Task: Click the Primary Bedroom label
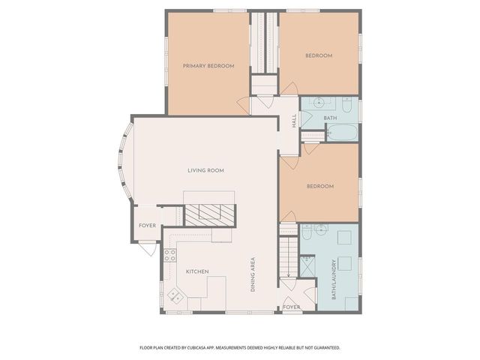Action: (x=208, y=66)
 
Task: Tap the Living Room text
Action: (x=205, y=170)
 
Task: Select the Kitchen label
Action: (x=197, y=271)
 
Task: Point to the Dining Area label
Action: (x=253, y=274)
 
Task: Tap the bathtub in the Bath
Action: (x=343, y=134)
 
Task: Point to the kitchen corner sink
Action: (x=174, y=294)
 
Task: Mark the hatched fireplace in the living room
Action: (x=211, y=215)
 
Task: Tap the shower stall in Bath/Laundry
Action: (x=307, y=266)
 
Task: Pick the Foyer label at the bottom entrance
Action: (x=291, y=307)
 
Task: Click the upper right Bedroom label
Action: (x=319, y=55)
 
